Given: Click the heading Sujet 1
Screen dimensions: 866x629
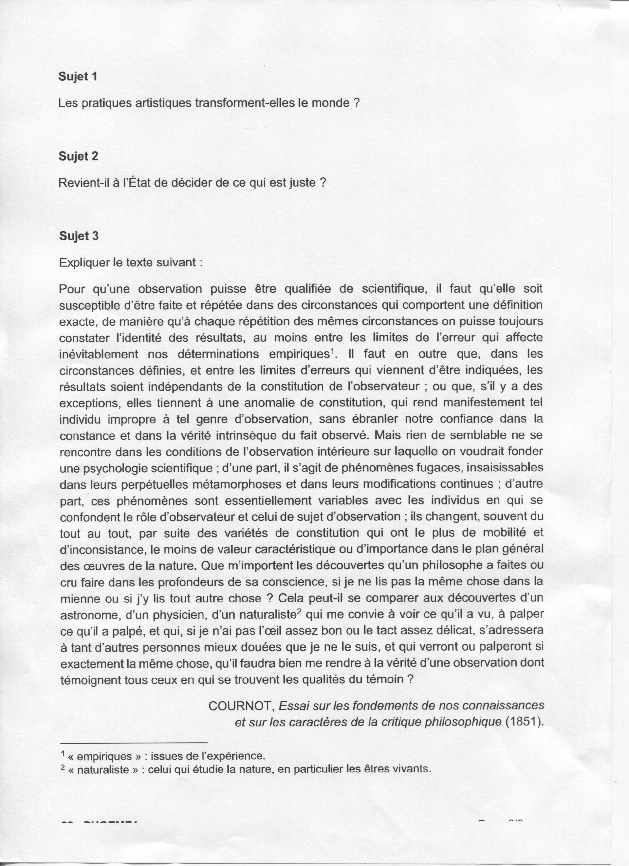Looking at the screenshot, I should (78, 77).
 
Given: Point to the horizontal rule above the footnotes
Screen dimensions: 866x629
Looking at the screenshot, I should (134, 742).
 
